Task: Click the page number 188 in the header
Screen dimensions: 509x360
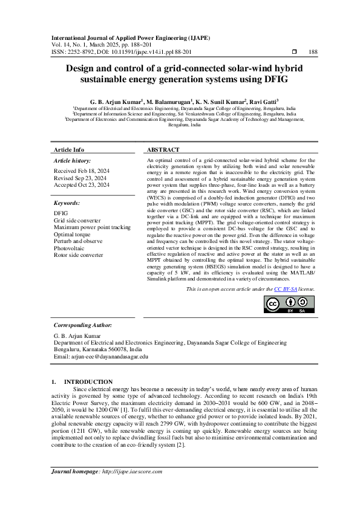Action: click(x=313, y=52)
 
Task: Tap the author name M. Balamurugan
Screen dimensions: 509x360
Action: click(x=169, y=102)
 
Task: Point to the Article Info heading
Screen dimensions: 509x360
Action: click(x=69, y=149)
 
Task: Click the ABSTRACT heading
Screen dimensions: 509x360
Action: click(x=163, y=149)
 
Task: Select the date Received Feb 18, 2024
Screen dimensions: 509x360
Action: click(x=80, y=171)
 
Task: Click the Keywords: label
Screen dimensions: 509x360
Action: click(x=67, y=203)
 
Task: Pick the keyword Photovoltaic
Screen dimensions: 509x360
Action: click(x=71, y=248)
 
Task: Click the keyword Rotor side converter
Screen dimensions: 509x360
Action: click(x=79, y=255)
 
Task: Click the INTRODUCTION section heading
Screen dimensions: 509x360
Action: click(x=88, y=381)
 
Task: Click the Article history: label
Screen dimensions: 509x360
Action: click(x=72, y=160)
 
